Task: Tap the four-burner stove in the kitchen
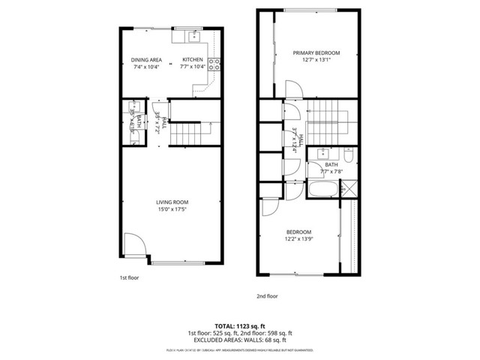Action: click(x=214, y=64)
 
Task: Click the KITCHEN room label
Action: click(x=193, y=59)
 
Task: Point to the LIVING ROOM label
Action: click(x=172, y=202)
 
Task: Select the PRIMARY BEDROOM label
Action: click(x=316, y=52)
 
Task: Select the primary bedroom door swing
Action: click(x=294, y=88)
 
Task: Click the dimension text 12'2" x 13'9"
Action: click(x=298, y=240)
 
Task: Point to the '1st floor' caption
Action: click(x=129, y=278)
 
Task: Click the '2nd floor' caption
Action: click(x=268, y=297)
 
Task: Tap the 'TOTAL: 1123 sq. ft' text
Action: click(x=240, y=325)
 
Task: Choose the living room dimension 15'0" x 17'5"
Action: click(x=172, y=209)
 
